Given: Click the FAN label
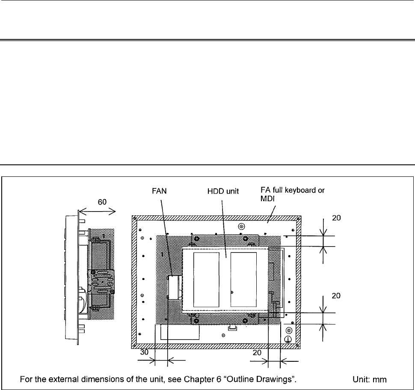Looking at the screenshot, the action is point(159,191).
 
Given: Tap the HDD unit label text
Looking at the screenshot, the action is point(223,191).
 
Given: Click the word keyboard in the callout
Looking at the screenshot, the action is point(302,191).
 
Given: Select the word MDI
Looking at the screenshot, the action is point(267,199).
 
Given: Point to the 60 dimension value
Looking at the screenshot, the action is point(102,202).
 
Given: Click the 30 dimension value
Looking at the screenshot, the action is point(144,352).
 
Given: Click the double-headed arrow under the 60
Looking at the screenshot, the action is point(98,211).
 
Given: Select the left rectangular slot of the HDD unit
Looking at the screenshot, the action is point(207,280).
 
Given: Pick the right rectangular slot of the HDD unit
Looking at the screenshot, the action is point(243,280).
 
